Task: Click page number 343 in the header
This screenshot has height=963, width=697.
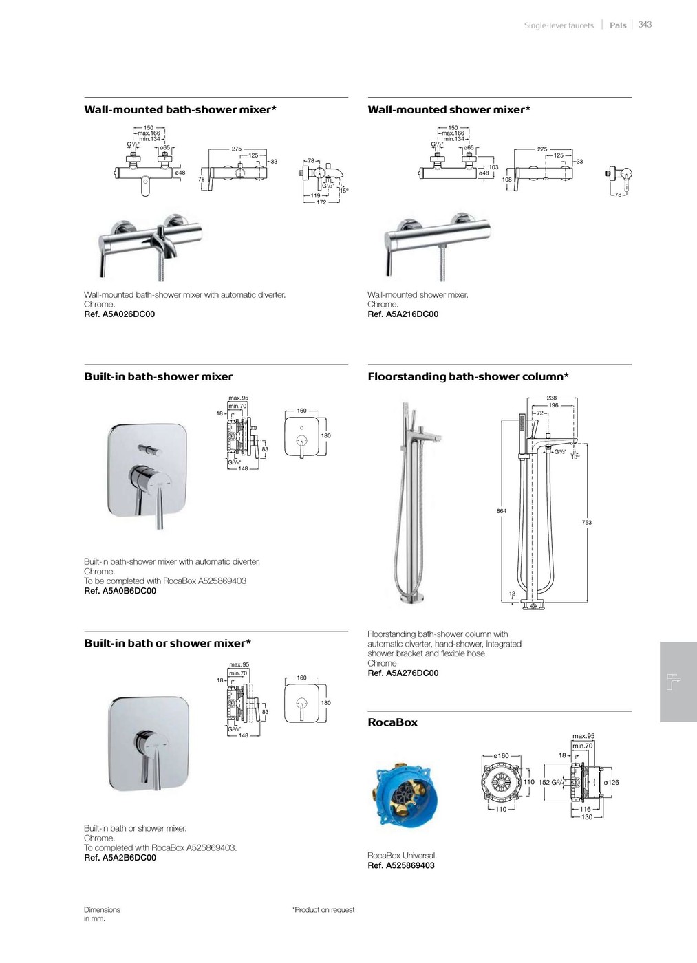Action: pyautogui.click(x=645, y=25)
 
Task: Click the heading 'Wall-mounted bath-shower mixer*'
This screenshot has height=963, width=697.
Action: pyautogui.click(x=180, y=110)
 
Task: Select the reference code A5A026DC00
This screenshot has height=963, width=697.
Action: pyautogui.click(x=119, y=314)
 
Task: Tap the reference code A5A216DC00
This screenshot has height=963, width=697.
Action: pyautogui.click(x=403, y=314)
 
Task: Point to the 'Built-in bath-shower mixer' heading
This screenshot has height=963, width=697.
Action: pyautogui.click(x=158, y=377)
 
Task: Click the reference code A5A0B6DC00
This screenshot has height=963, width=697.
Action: pyautogui.click(x=120, y=591)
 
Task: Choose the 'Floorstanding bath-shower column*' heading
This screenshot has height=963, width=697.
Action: pyautogui.click(x=468, y=377)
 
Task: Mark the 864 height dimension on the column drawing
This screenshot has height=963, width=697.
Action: pyautogui.click(x=502, y=511)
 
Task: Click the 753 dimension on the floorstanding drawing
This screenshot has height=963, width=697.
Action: pyautogui.click(x=587, y=523)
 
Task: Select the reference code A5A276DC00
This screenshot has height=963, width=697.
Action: pyautogui.click(x=403, y=673)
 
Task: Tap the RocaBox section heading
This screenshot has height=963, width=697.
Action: pyautogui.click(x=393, y=723)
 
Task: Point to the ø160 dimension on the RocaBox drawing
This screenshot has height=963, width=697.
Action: pyautogui.click(x=502, y=756)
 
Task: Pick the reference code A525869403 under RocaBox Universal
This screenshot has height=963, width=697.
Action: pyautogui.click(x=401, y=866)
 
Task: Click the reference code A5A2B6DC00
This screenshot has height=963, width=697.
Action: pyautogui.click(x=120, y=858)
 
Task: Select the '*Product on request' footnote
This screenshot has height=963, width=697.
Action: pyautogui.click(x=323, y=910)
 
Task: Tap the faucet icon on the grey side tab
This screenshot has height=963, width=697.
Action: pyautogui.click(x=674, y=682)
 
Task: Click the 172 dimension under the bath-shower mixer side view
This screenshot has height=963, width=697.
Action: pyautogui.click(x=321, y=202)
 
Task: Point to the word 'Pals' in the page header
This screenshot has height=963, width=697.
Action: pyautogui.click(x=618, y=25)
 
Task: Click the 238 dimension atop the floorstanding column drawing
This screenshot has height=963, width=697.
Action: pyautogui.click(x=552, y=398)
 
